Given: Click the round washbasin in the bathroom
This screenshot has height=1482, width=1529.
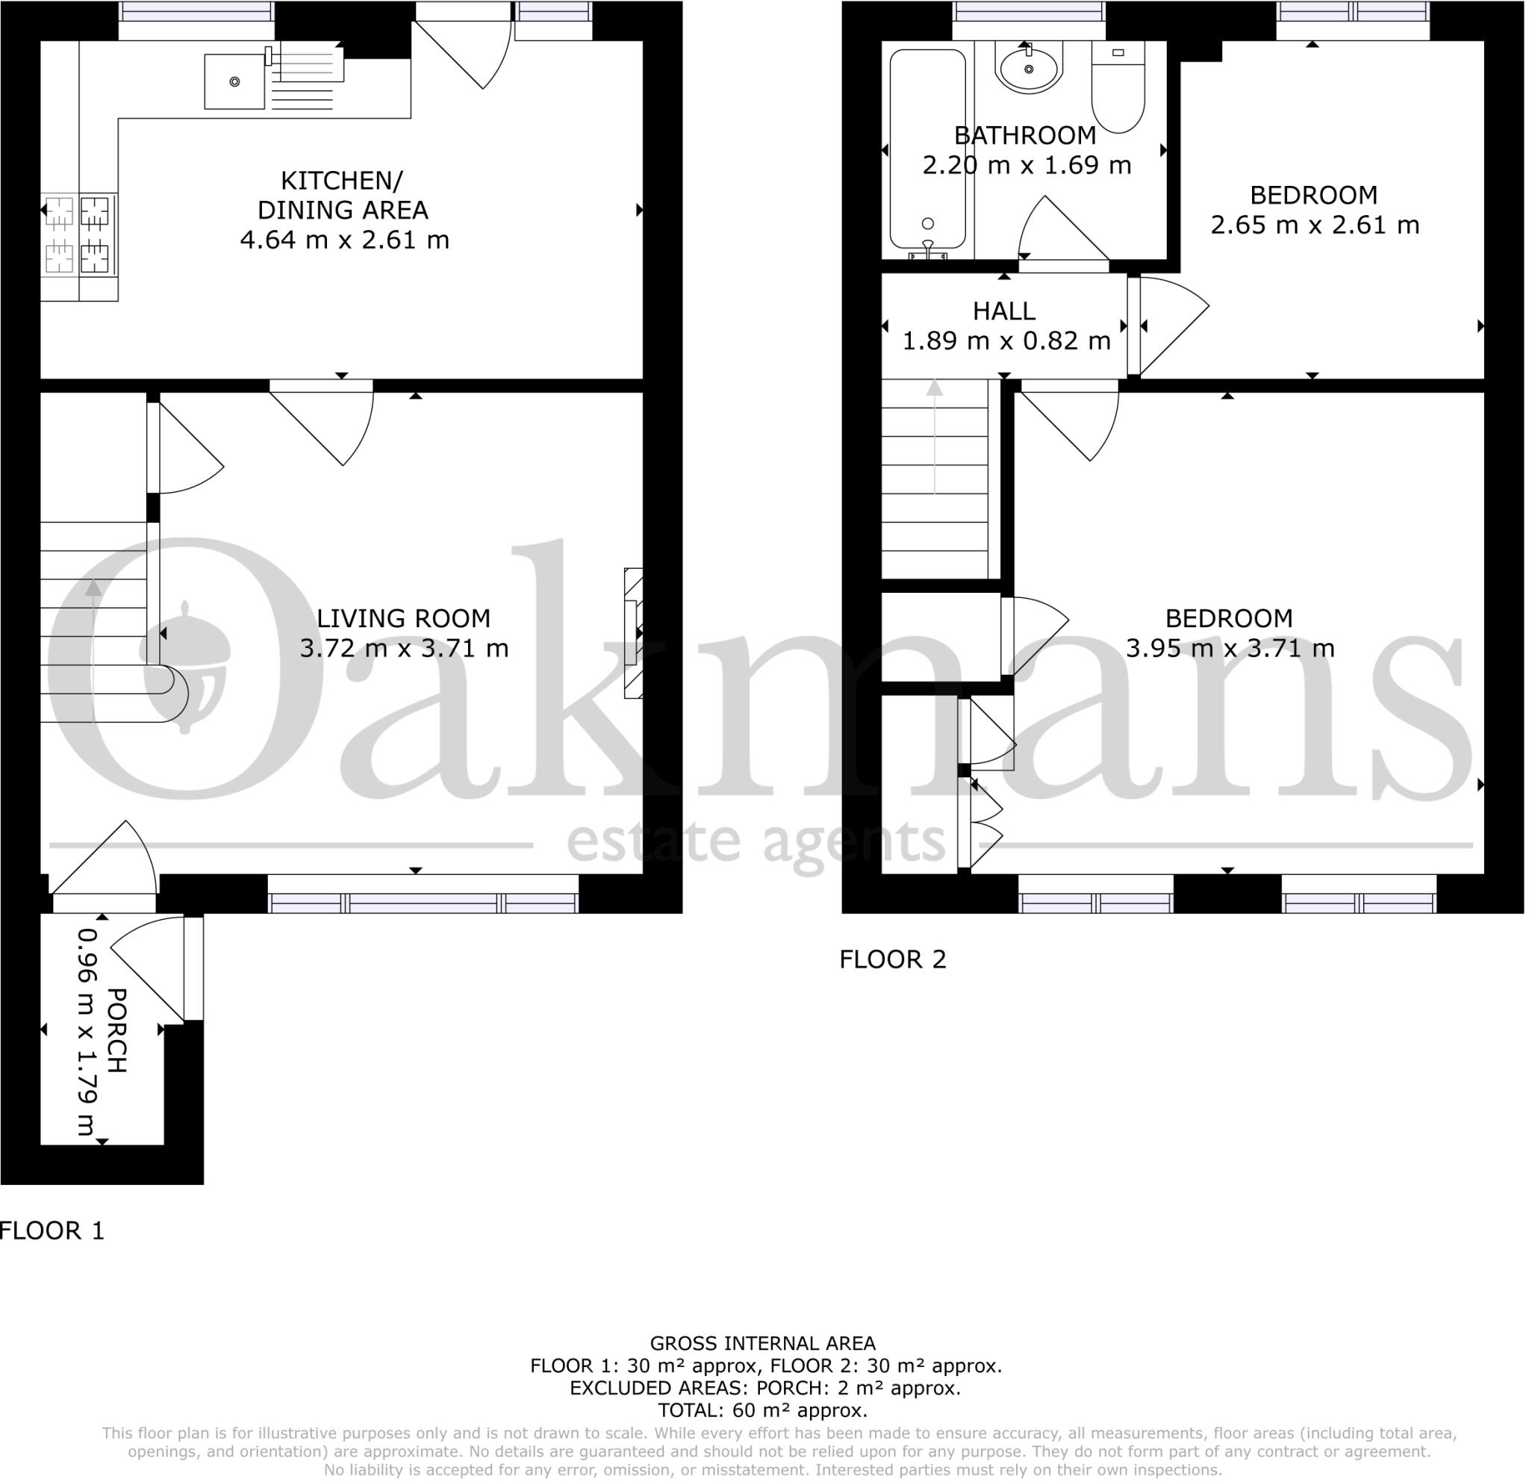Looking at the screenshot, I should click(1030, 69).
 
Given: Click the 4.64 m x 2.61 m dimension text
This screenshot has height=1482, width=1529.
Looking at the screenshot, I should click(345, 240).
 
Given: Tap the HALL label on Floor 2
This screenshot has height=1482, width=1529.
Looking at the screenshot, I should click(1006, 312).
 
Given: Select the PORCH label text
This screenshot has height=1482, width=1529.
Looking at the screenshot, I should click(116, 1031).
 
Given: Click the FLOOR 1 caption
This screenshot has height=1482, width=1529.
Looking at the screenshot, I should click(52, 1231).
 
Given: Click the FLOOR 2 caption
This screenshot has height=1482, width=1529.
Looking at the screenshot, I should click(894, 959).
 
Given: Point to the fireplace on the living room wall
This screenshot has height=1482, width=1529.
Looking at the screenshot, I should click(633, 633).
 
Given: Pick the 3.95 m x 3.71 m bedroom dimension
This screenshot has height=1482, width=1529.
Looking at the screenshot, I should click(1231, 649).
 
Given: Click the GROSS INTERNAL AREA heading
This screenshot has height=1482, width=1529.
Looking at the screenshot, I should click(764, 1344).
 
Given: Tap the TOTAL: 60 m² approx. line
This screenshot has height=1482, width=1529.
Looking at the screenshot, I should click(764, 1411).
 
